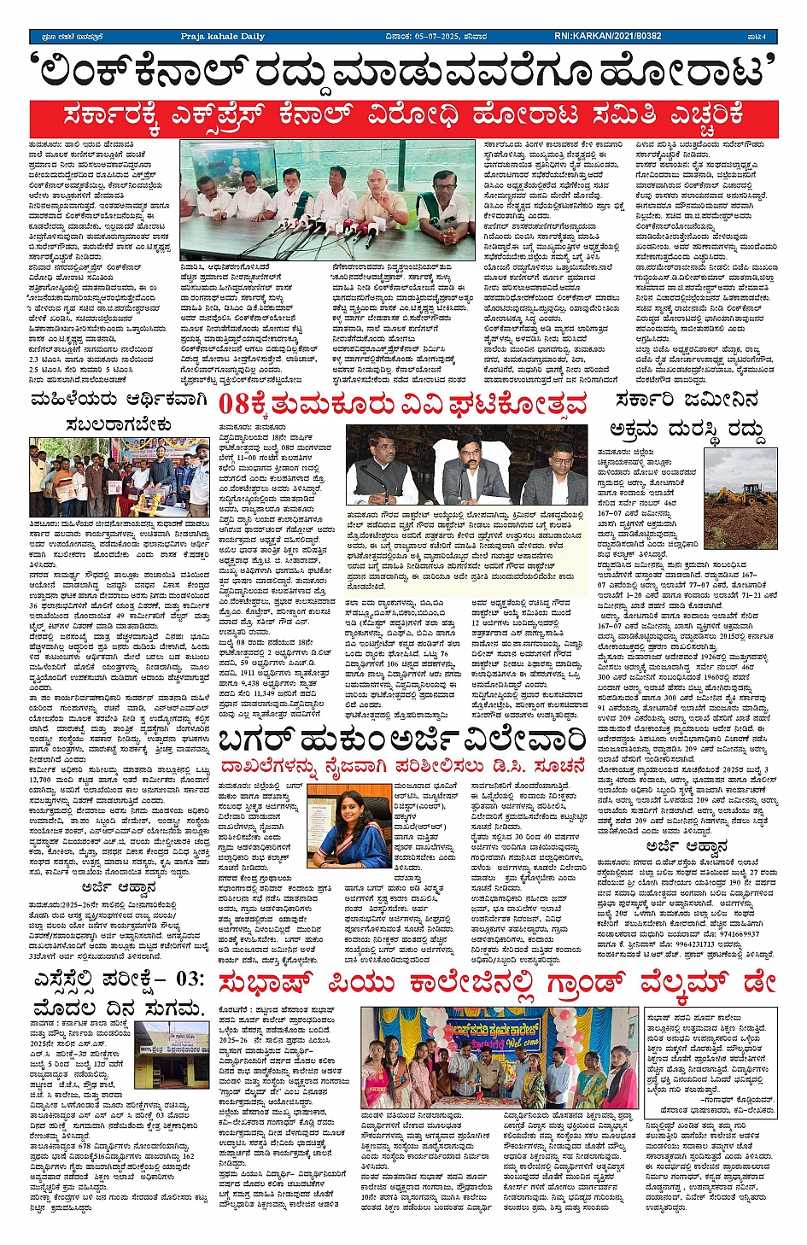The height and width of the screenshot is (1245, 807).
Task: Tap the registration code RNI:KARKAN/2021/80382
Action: click(607, 37)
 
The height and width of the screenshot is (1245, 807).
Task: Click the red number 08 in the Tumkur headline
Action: click(237, 404)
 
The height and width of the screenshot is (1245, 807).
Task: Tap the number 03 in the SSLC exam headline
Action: click(188, 979)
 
